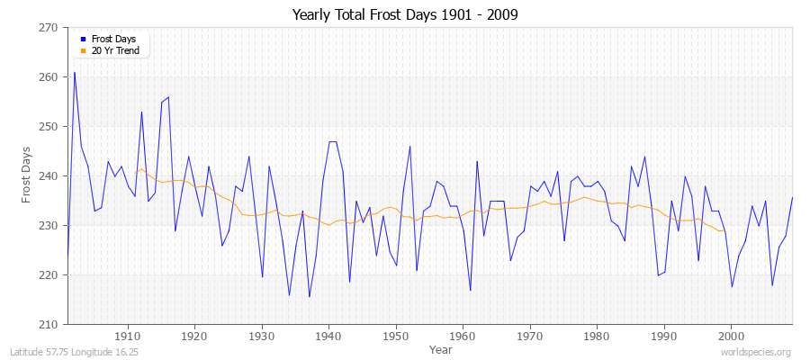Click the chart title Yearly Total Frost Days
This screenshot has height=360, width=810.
(x=405, y=15)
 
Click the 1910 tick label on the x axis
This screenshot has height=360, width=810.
(x=128, y=337)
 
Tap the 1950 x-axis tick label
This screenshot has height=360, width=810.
(x=395, y=337)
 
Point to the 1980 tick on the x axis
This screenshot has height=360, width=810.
(x=596, y=337)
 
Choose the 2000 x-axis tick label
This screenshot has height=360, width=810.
(x=730, y=337)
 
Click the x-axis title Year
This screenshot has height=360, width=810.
(x=441, y=349)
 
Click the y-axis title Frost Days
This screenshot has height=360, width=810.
(x=26, y=176)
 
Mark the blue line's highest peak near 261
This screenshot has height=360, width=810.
(x=74, y=73)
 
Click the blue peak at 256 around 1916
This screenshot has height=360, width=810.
(x=168, y=97)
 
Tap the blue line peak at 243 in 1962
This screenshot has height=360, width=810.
(x=476, y=162)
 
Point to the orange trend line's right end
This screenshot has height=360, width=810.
(x=724, y=231)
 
